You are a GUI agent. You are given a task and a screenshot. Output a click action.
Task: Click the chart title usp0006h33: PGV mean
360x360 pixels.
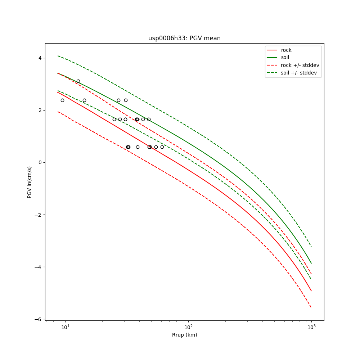pos(184,38)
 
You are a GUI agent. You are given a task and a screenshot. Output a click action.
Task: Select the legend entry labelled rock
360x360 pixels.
pos(286,50)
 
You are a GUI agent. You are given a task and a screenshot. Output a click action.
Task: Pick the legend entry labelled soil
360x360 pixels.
pos(285,57)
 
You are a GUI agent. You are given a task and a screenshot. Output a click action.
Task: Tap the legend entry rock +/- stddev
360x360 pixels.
pos(300,65)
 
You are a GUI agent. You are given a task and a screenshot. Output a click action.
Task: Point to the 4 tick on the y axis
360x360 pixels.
pos(40,58)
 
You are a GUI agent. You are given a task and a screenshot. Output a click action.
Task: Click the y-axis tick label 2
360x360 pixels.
pos(40,110)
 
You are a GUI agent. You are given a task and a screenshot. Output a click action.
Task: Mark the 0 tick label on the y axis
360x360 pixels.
pos(40,162)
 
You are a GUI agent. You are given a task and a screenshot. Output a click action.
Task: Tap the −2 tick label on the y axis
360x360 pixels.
pos(39,215)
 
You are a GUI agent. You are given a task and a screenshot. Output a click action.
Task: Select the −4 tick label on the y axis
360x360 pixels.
pos(39,267)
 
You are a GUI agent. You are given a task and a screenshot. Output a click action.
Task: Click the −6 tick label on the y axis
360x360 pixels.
pos(39,319)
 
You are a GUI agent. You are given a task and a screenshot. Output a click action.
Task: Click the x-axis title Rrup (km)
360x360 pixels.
pos(184,335)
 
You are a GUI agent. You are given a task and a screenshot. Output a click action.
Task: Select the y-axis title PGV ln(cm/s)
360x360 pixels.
pos(30,182)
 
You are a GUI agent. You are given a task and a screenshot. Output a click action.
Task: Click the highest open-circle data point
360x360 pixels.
pos(78,81)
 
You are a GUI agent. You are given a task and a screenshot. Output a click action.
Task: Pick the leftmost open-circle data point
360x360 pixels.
pos(62,100)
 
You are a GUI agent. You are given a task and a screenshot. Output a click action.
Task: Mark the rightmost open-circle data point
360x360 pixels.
pos(162,147)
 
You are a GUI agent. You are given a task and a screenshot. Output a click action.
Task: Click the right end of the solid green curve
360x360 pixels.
pos(311,263)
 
